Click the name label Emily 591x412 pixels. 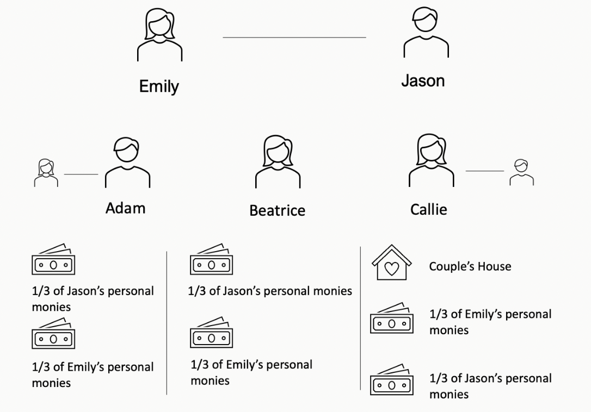point(159,86)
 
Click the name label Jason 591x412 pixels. point(423,81)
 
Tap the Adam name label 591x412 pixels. point(125,208)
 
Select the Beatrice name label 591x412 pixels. point(277,210)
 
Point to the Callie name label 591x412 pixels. point(428,209)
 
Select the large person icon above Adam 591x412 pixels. point(127,162)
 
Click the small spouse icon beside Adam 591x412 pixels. point(46,173)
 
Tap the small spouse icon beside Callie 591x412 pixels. point(521,172)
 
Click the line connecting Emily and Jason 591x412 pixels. point(294,38)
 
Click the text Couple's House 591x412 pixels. point(470,266)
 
